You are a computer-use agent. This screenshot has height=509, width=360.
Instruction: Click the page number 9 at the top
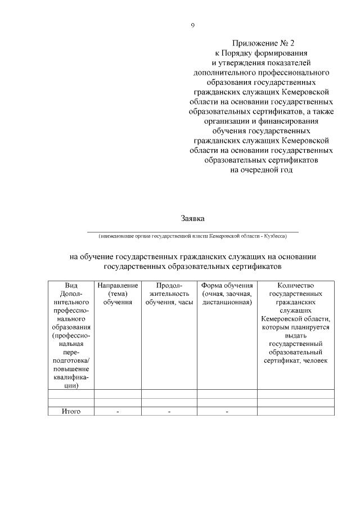[193, 25]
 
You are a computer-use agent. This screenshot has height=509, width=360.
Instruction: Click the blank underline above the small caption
[193, 231]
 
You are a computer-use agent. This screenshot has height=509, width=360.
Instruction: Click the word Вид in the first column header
[71, 286]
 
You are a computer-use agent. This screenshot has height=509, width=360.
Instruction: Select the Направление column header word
[118, 286]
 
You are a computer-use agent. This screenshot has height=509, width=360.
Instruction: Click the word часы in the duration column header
[184, 302]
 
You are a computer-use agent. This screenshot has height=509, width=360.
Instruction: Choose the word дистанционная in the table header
[227, 302]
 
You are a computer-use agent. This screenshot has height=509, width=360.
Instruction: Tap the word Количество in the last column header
[295, 286]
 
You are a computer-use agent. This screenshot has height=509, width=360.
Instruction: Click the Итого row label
[71, 412]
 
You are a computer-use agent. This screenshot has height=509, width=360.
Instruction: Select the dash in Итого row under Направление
[118, 412]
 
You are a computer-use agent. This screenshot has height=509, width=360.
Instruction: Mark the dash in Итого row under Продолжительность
[169, 412]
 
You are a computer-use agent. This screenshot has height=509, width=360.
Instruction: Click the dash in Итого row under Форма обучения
[227, 412]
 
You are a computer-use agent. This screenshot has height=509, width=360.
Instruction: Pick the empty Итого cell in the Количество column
[295, 412]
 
